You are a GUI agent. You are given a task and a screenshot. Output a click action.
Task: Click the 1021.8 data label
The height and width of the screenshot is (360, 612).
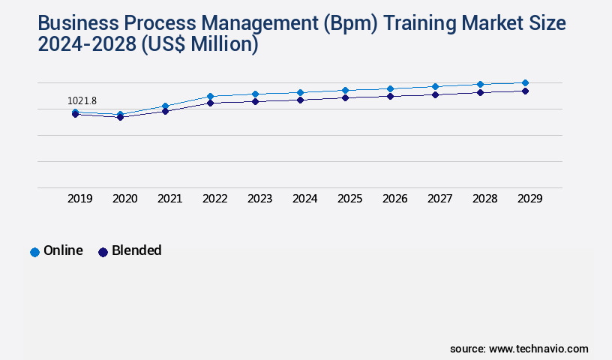click(x=82, y=100)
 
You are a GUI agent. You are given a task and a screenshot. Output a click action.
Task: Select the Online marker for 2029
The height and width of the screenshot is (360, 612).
click(x=525, y=82)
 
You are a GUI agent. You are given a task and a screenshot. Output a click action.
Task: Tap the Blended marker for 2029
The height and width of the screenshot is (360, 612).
click(x=525, y=91)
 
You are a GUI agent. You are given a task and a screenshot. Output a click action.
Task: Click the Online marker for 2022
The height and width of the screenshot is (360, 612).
click(x=210, y=96)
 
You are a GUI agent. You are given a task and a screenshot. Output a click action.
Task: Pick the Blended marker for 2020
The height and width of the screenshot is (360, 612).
click(x=120, y=117)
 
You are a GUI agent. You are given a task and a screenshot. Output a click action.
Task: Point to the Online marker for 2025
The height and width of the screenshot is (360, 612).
click(x=345, y=90)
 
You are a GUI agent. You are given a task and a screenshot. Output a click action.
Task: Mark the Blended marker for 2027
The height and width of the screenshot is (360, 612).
click(x=435, y=94)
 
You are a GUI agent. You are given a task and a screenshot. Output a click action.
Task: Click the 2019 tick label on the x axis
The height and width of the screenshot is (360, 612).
click(x=80, y=199)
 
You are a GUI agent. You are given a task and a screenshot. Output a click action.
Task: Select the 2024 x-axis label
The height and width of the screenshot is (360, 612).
click(x=305, y=199)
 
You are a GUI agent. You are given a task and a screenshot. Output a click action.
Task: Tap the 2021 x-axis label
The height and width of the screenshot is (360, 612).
click(x=170, y=199)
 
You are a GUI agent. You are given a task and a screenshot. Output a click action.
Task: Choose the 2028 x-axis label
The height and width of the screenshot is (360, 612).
click(x=485, y=199)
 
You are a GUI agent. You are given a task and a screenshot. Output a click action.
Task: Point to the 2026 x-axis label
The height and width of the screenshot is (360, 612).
click(x=395, y=199)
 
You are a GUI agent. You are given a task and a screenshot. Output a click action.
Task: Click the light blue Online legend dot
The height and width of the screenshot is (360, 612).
click(x=34, y=252)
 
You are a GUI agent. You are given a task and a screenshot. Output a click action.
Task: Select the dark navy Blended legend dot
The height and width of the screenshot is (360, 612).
click(x=103, y=252)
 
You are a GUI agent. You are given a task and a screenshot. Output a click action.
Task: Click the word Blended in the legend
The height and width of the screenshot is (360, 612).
click(x=136, y=250)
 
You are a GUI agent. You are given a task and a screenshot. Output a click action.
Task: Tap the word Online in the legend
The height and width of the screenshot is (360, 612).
click(x=63, y=250)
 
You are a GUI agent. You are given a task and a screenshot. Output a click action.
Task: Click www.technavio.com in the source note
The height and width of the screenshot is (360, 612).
click(x=538, y=349)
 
